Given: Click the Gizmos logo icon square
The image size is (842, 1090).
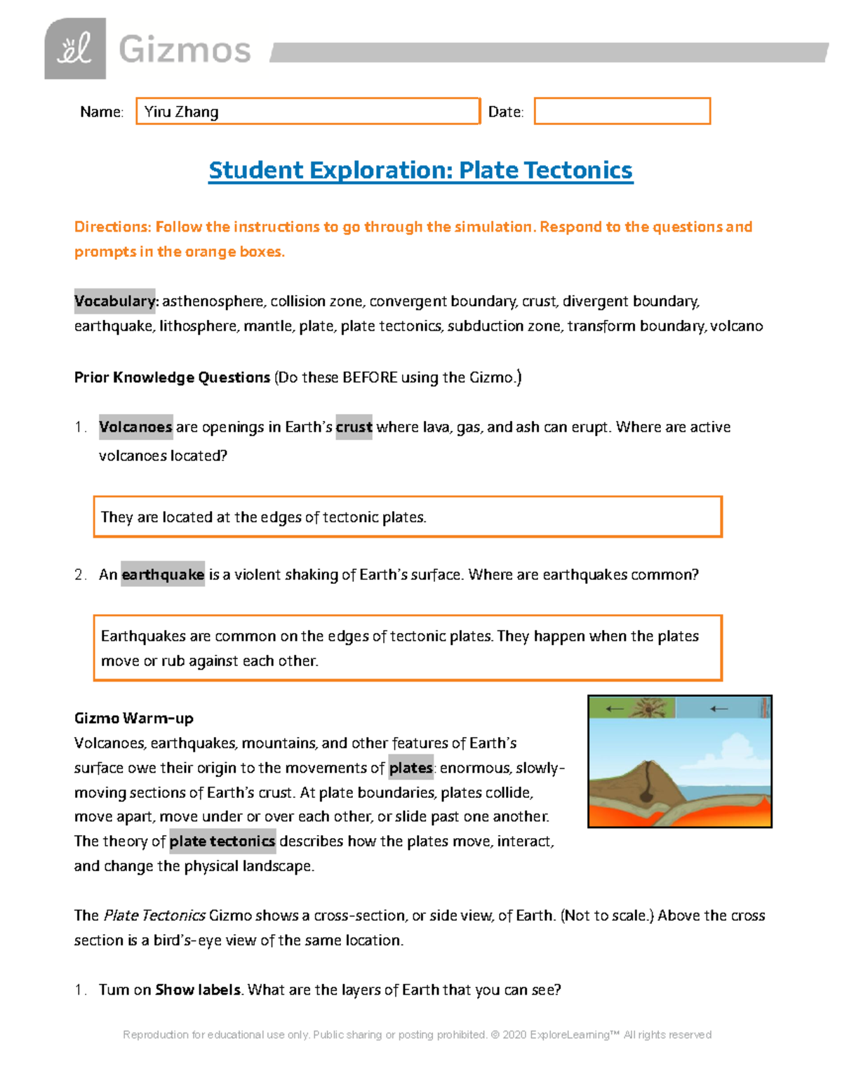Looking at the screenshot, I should tap(75, 48).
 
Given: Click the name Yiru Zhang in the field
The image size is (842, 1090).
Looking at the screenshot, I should tap(181, 112).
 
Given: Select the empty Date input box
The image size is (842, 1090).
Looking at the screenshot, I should tap(622, 111).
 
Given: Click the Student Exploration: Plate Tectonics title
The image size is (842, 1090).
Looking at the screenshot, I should tap(420, 171).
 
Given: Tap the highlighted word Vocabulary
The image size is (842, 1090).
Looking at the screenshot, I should tap(115, 301).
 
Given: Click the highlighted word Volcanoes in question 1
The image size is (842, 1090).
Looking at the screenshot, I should tap(135, 427).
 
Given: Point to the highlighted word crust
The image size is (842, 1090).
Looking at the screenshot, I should tap(354, 427).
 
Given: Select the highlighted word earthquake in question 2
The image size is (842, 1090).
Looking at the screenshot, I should tap(163, 574).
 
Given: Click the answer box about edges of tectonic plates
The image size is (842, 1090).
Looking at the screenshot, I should tap(407, 517).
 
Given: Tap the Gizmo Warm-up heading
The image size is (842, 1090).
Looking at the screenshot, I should tap(133, 718).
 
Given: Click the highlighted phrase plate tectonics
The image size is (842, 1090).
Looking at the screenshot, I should tap(222, 841).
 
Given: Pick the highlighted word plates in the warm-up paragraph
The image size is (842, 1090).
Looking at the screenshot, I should tap(410, 768).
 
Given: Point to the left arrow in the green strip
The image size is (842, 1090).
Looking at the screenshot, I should tap(615, 709).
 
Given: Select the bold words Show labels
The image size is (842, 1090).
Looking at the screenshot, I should tap(198, 990).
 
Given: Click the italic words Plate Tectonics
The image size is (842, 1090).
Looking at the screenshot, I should tap(154, 915).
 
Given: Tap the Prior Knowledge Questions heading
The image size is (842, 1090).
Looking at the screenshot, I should tap(172, 378).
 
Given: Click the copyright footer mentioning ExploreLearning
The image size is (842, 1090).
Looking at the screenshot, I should tap(417, 1035).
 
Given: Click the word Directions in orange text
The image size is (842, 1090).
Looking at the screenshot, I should tap(112, 227).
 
